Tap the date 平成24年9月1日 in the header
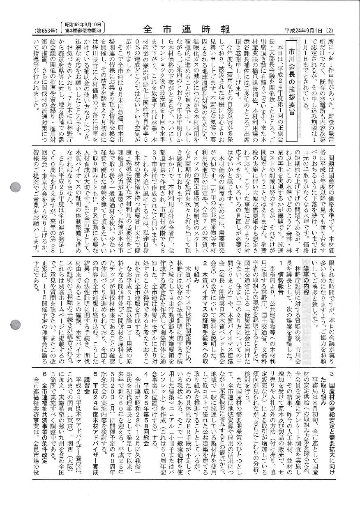click(304, 30)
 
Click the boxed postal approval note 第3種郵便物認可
click(83, 30)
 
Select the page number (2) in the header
click(329, 30)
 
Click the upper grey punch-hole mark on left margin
click(14, 187)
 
